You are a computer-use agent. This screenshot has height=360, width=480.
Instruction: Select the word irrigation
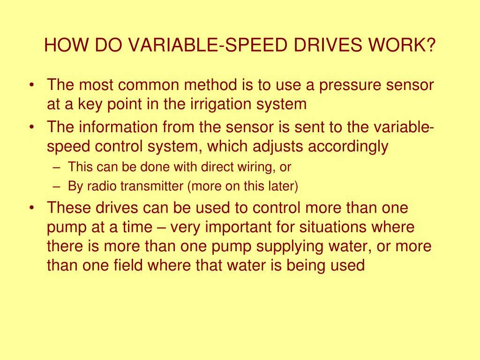pos(216,104)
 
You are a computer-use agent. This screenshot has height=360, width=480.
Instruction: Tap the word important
pos(239,227)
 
